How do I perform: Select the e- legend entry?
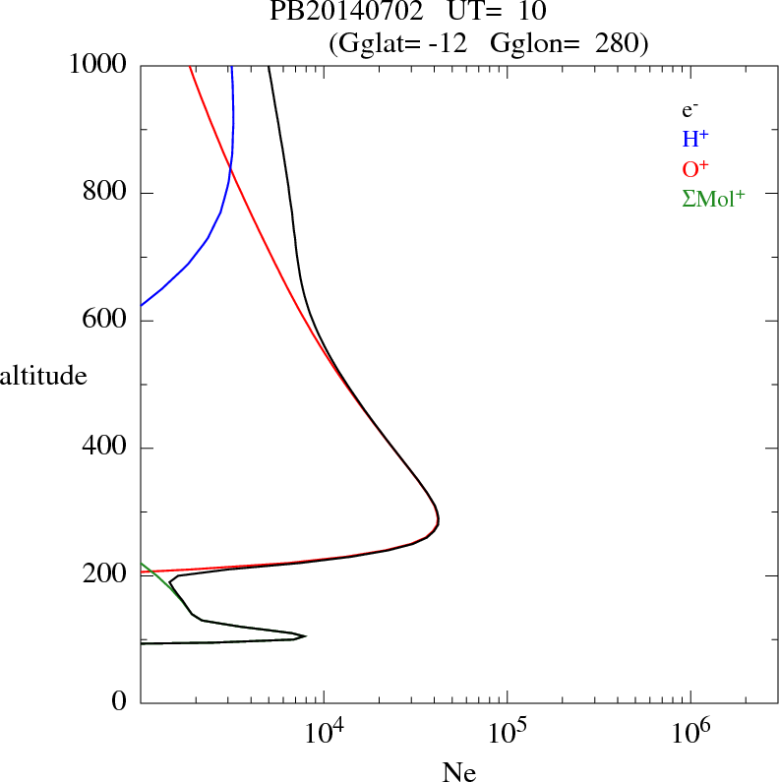[689, 110]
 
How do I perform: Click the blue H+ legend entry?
[696, 140]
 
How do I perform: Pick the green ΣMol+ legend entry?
[713, 198]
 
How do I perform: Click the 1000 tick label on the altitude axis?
[98, 65]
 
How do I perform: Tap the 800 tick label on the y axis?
[105, 193]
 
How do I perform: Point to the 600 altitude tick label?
[105, 321]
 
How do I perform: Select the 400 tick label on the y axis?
[105, 449]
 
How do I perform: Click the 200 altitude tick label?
[105, 575]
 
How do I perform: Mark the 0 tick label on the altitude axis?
[119, 702]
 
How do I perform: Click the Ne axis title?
[458, 771]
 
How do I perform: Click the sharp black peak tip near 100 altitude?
[306, 636]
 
